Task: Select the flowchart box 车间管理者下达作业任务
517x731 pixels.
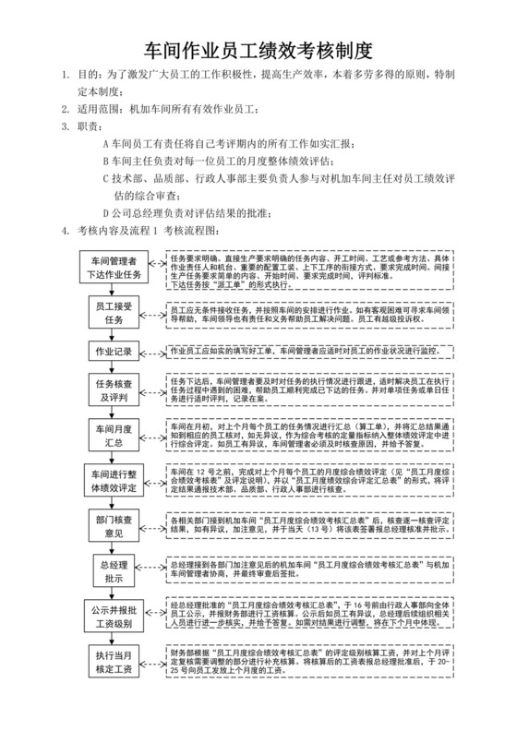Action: [114, 268]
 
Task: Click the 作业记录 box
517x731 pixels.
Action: [114, 352]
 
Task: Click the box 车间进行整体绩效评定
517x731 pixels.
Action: [114, 479]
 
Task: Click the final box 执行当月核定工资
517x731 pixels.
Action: [114, 661]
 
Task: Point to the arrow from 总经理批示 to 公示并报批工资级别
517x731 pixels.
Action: [114, 592]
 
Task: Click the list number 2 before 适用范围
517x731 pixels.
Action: [64, 108]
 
